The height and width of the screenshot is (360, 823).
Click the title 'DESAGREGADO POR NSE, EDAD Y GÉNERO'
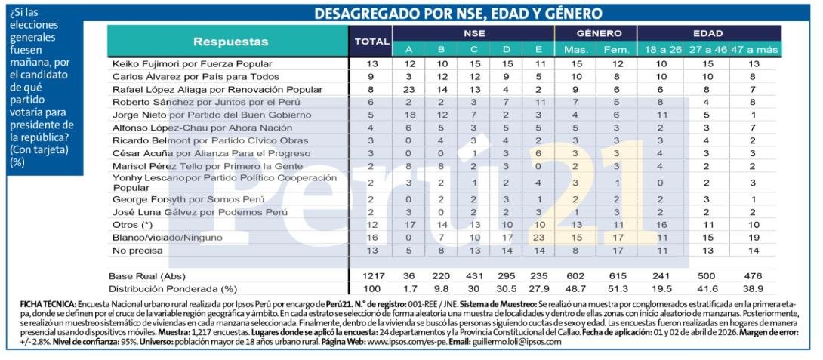coord(458,14)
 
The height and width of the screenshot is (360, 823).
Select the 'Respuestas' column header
coord(230,42)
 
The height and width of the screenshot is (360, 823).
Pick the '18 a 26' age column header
coord(662,50)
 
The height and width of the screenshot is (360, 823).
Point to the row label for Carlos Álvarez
coord(196,77)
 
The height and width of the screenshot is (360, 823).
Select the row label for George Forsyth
coord(188,200)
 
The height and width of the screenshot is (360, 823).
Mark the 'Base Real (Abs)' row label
coord(147,276)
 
